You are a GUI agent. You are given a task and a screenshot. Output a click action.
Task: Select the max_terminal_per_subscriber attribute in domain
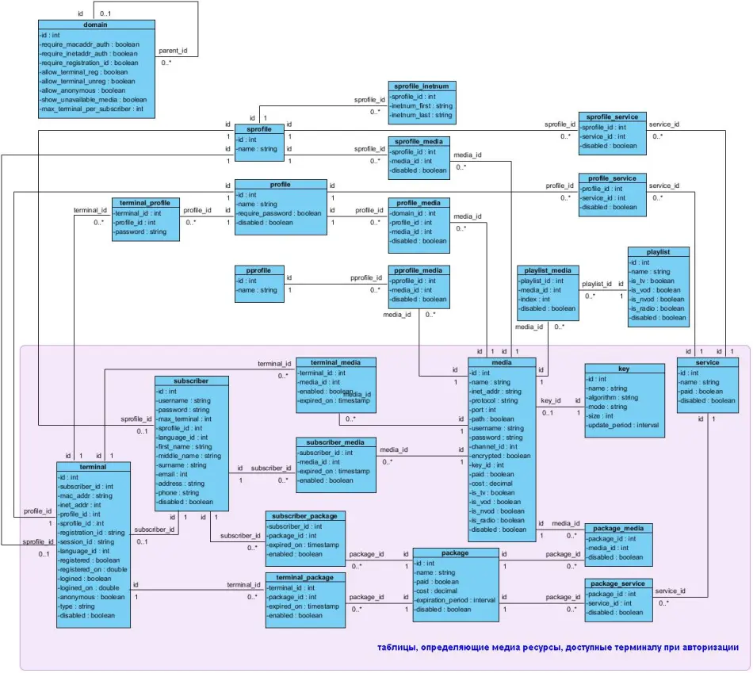point(91,109)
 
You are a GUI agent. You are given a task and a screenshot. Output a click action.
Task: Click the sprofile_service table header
point(612,117)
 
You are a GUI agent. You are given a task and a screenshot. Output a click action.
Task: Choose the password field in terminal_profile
point(141,232)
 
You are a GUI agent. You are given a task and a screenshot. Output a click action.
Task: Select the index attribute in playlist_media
point(535,300)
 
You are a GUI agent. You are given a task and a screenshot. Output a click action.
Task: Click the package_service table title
point(617,583)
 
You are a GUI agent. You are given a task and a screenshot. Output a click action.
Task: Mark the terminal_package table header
point(305,578)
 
